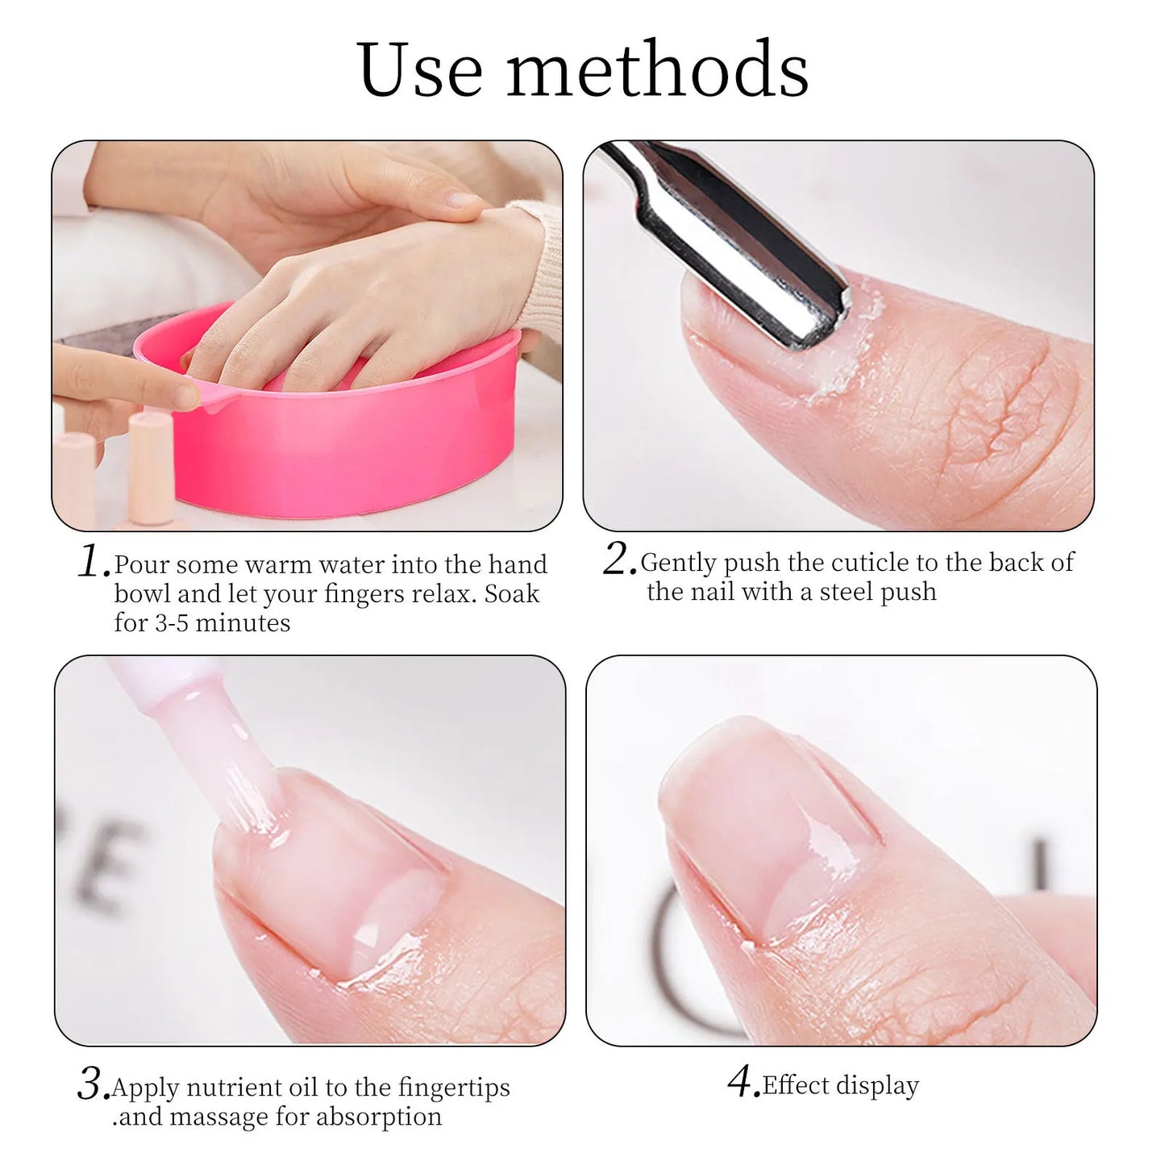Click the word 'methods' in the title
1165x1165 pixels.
click(x=657, y=70)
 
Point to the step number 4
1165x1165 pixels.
click(x=743, y=1082)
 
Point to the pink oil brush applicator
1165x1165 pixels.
click(x=210, y=742)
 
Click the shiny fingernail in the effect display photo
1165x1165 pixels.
click(x=774, y=830)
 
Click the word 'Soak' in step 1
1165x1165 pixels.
click(x=512, y=594)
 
